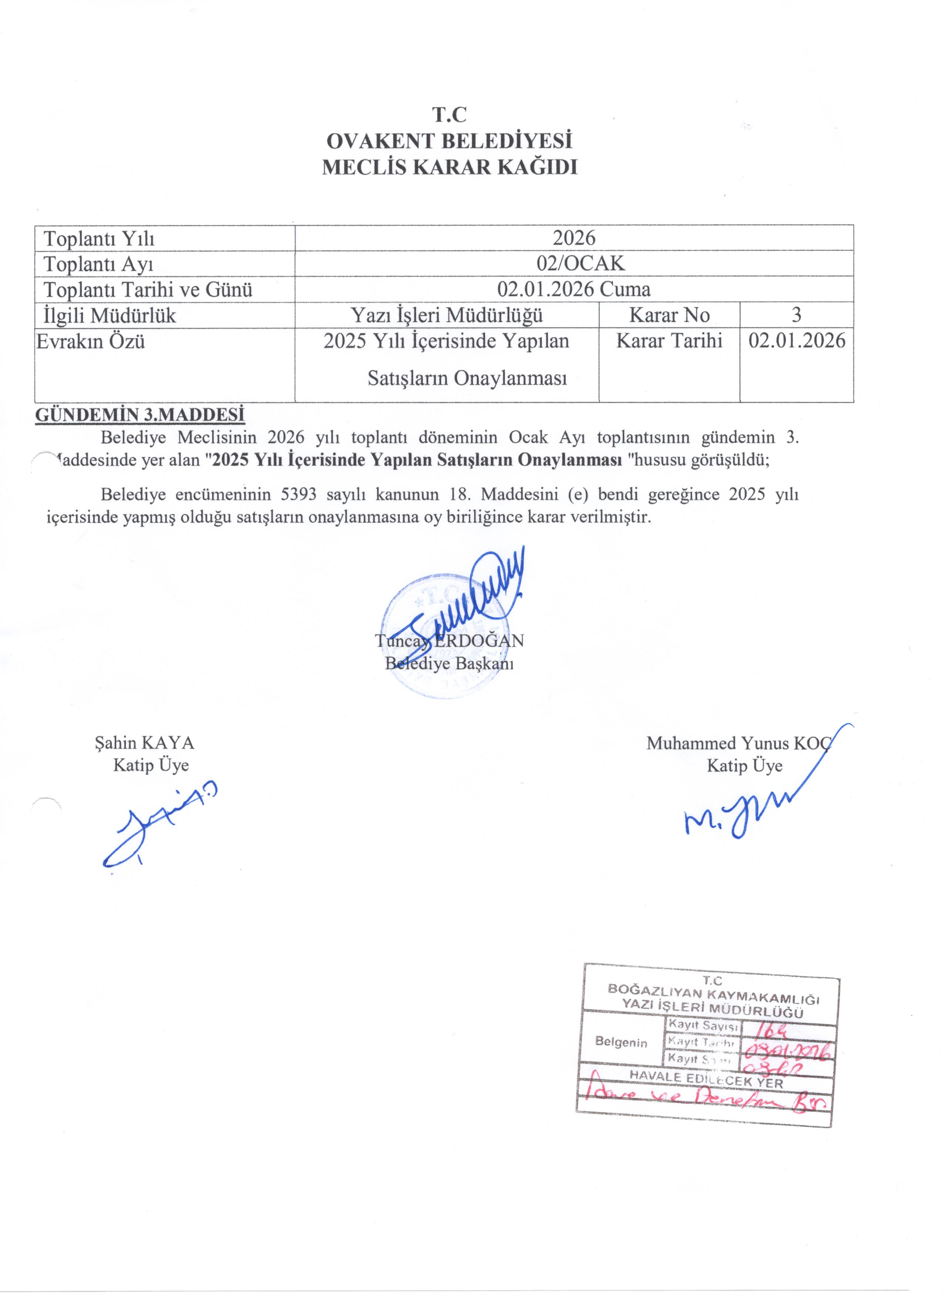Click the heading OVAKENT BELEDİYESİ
(449, 141)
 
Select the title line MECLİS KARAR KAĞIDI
(449, 167)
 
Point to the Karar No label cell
(669, 315)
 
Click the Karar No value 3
(796, 314)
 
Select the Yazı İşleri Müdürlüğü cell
(446, 315)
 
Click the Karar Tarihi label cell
(669, 341)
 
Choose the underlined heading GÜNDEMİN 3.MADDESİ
(140, 414)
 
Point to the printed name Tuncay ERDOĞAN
(449, 640)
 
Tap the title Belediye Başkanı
(449, 663)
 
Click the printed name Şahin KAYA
(144, 743)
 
